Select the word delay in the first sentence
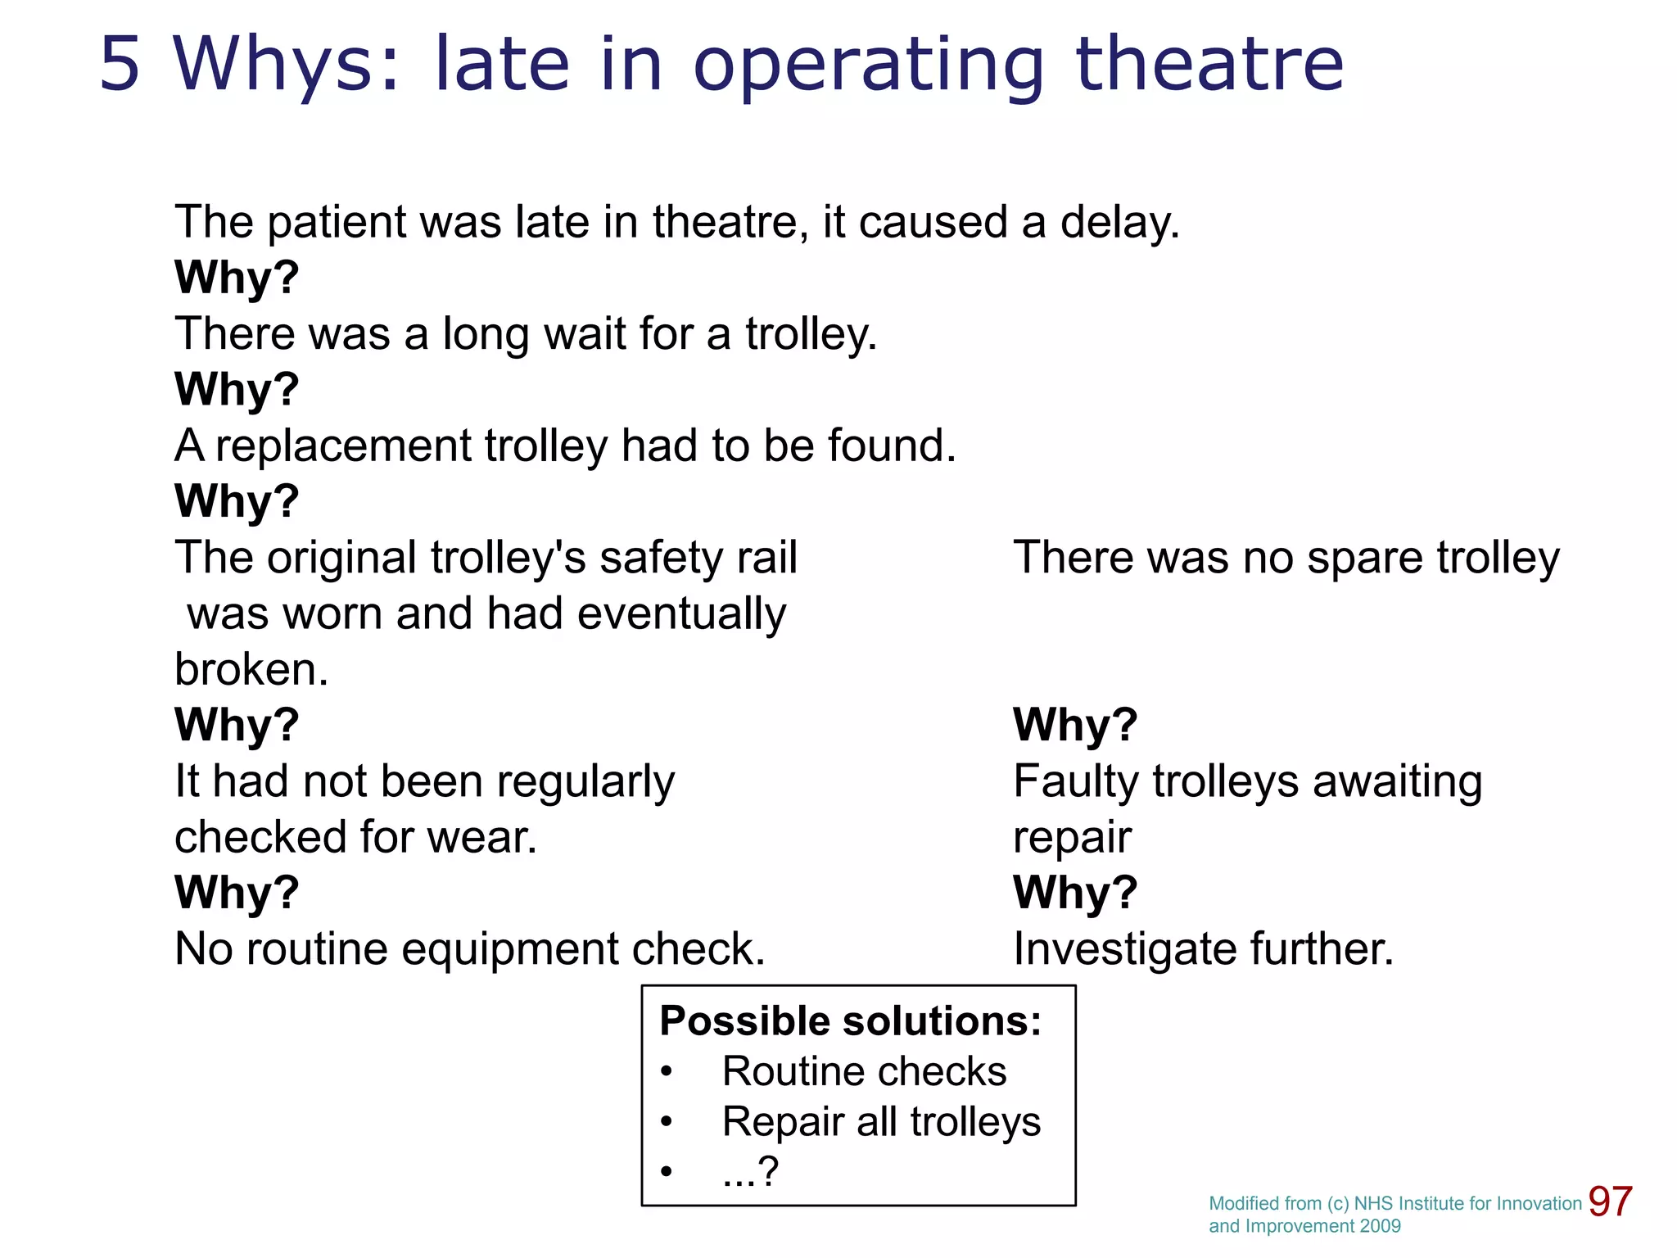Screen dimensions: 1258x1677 [1119, 223]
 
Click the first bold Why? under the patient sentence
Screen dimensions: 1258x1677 [237, 278]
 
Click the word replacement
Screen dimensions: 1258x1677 [343, 446]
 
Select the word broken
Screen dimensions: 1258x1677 [251, 670]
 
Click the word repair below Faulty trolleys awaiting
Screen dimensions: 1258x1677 [1072, 838]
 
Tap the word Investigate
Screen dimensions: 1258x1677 [1124, 950]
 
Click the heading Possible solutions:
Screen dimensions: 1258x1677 [850, 1021]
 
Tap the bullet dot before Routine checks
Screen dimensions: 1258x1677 [667, 1071]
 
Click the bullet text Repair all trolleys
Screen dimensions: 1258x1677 [881, 1122]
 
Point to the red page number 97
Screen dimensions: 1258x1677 [1610, 1202]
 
